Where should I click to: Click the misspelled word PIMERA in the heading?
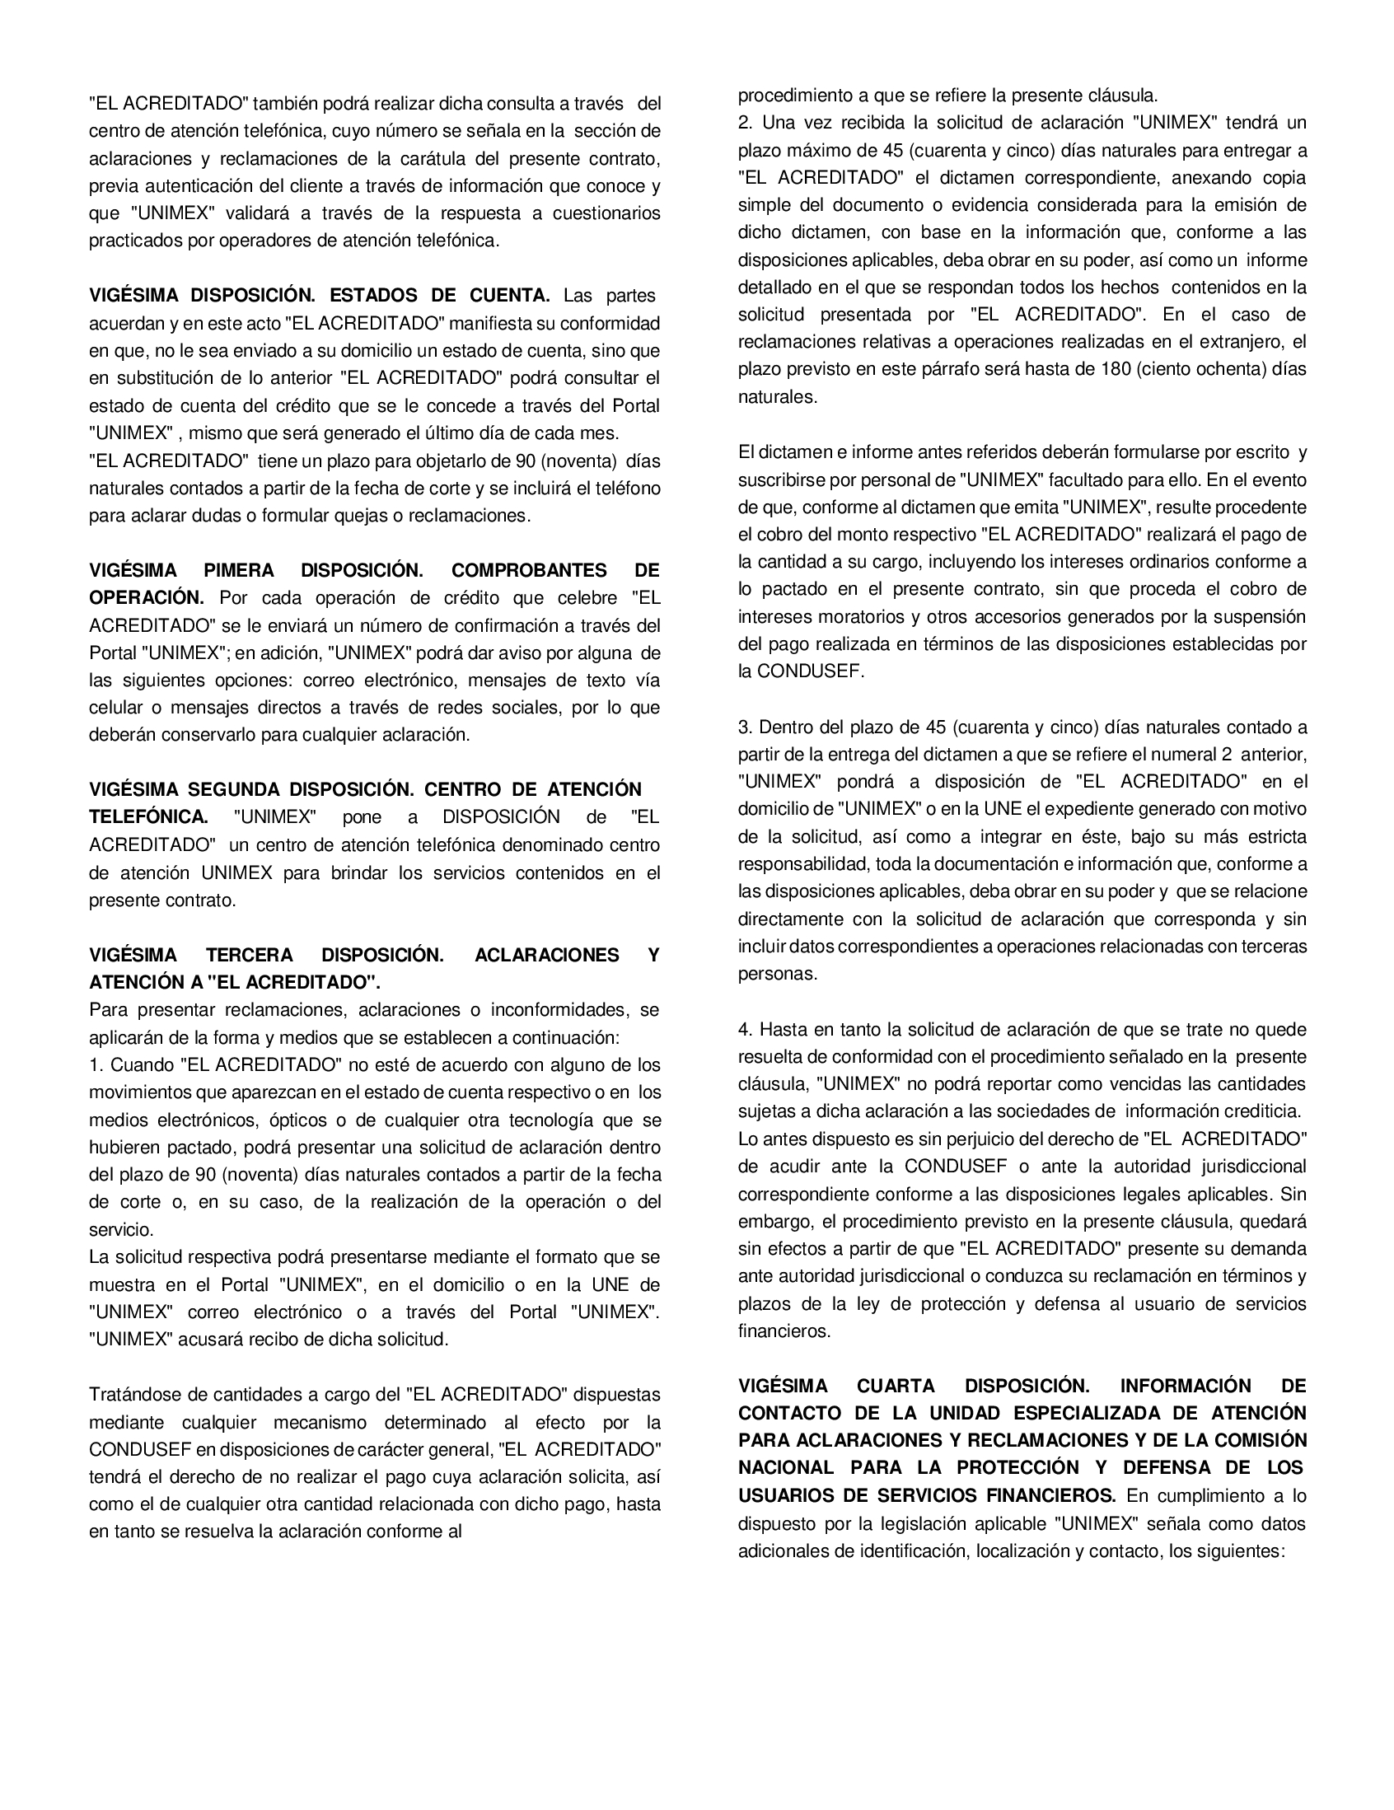[x=239, y=570]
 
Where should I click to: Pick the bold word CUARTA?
[x=896, y=1386]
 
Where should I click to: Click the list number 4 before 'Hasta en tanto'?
[x=743, y=1029]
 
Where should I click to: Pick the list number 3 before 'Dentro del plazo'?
[x=743, y=727]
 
